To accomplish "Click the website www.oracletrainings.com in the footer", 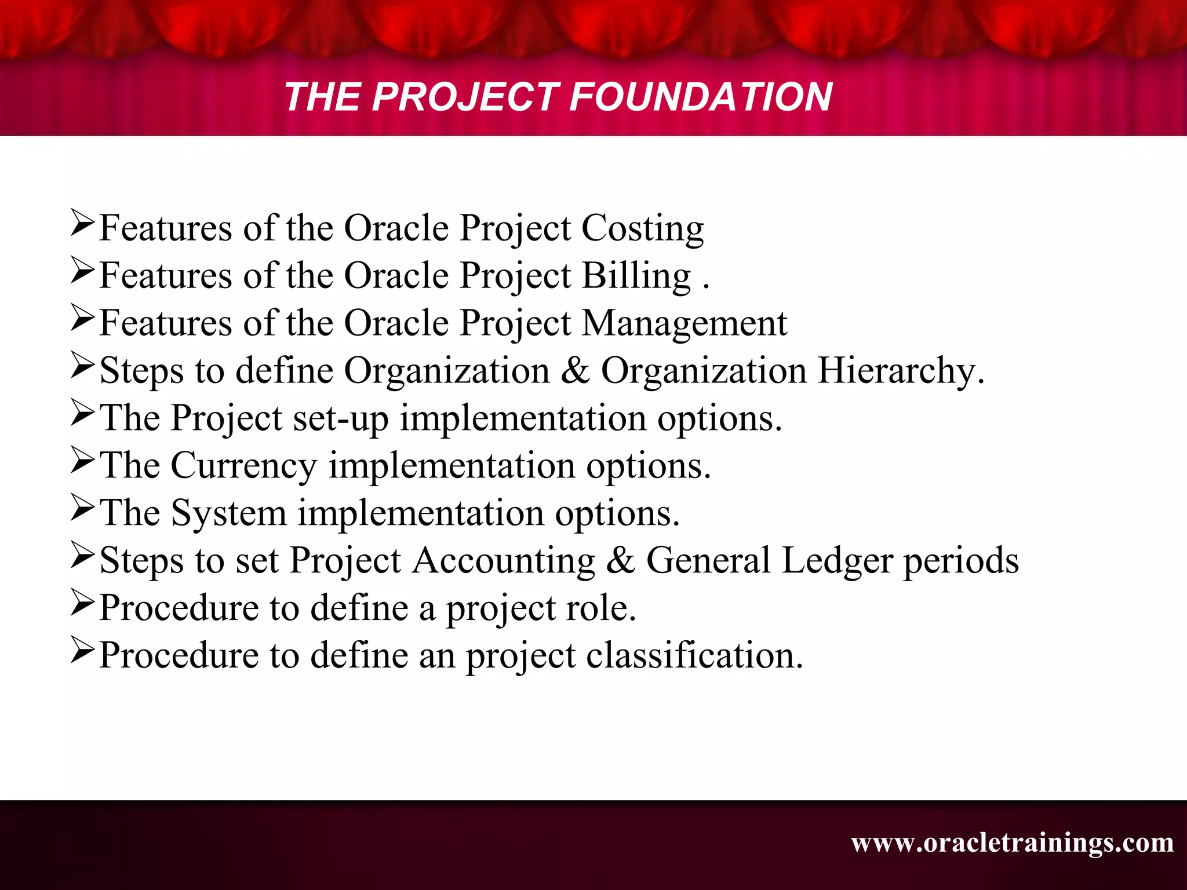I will click(1012, 842).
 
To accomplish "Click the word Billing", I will click(636, 276).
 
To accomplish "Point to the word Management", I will click(684, 323).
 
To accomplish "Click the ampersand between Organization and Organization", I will click(575, 371).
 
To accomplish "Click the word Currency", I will click(243, 466).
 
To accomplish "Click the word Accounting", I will click(504, 561).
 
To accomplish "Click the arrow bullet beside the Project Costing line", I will click(82, 224).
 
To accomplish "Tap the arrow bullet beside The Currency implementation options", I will click(82, 461).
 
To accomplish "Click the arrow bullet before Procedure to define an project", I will click(82, 651).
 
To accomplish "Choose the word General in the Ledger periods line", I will click(708, 561).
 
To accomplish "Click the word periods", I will click(961, 561).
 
